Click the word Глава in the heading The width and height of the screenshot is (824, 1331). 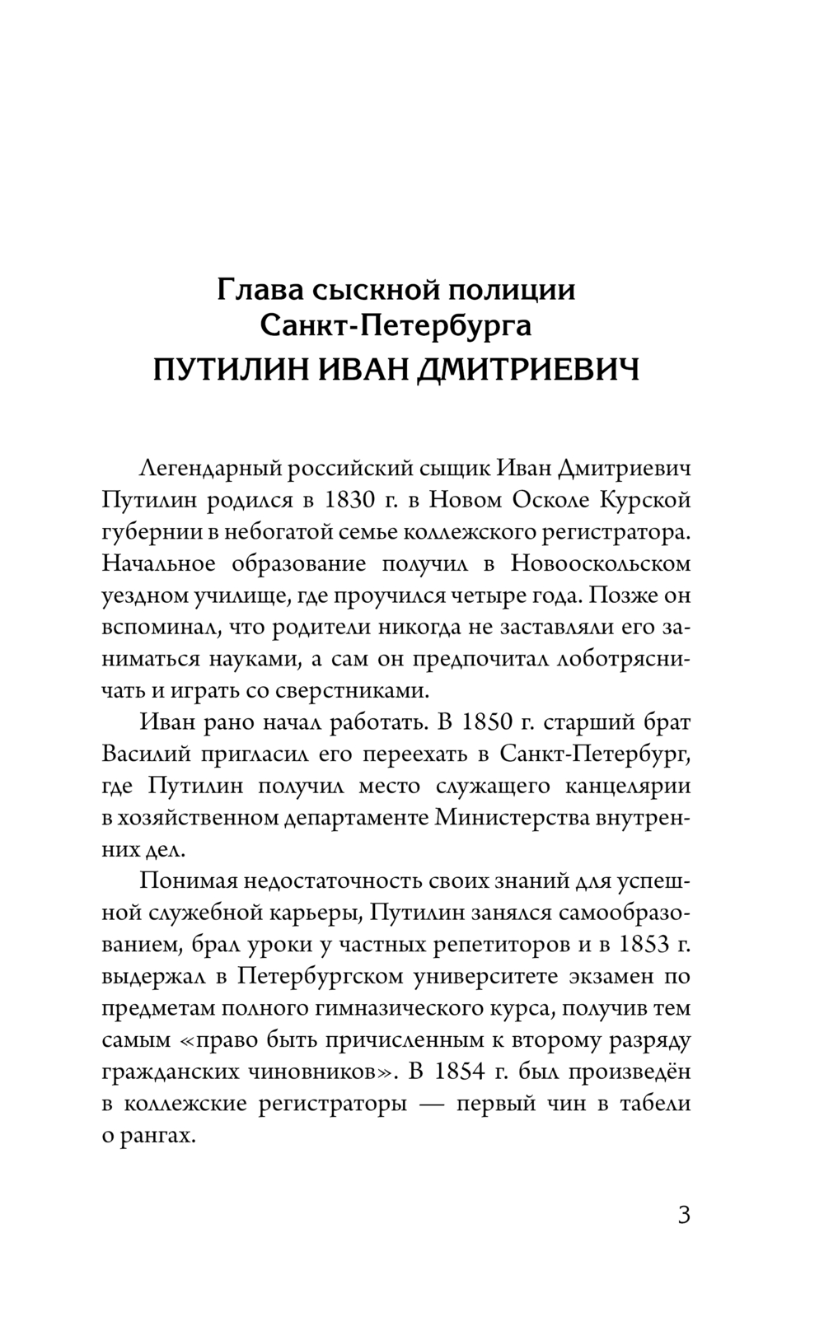(x=253, y=289)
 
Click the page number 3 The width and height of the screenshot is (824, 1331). (x=683, y=1216)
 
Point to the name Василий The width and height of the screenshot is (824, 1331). (x=143, y=754)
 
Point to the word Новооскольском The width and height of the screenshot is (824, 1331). (x=600, y=563)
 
